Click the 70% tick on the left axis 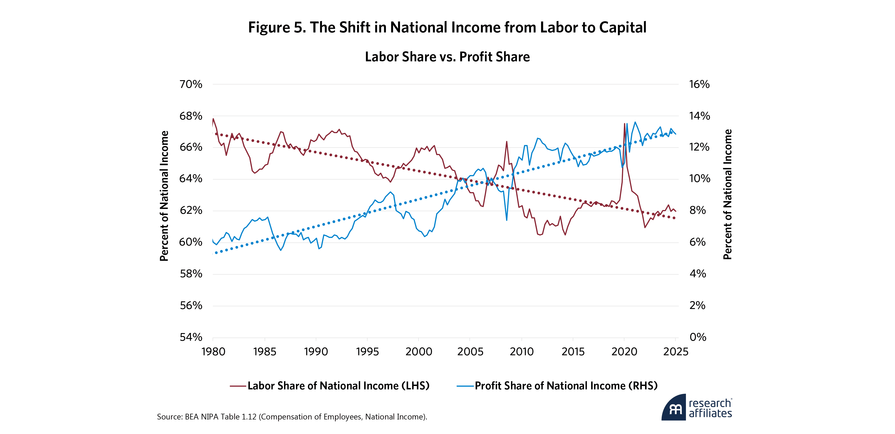(191, 84)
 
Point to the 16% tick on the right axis (699, 84)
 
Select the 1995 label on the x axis (367, 352)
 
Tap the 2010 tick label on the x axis (521, 352)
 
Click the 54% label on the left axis (191, 337)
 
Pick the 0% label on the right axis (698, 337)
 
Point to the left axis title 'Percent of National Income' (164, 196)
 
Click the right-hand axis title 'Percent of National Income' (727, 194)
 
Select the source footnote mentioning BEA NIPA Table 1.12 (292, 417)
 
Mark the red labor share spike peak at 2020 (624, 124)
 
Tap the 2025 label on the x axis (675, 352)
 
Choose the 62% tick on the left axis (191, 210)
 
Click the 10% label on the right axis (699, 179)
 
